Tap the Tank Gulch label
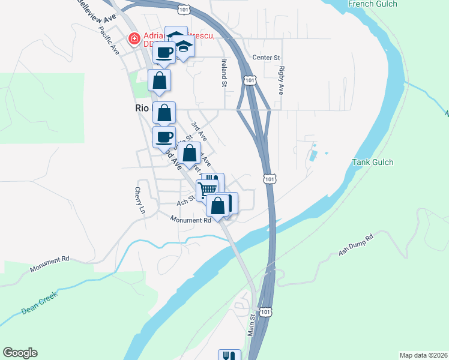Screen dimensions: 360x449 pos(372,162)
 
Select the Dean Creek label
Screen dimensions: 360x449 pos(38,302)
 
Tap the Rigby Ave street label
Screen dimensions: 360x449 pos(280,80)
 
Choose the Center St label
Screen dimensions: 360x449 pos(267,58)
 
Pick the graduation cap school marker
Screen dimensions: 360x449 pos(183,47)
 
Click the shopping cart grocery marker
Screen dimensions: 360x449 pos(207,189)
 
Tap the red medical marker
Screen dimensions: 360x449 pos(134,40)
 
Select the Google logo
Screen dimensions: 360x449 pos(20,353)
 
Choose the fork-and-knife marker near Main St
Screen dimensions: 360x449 pos(229,355)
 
